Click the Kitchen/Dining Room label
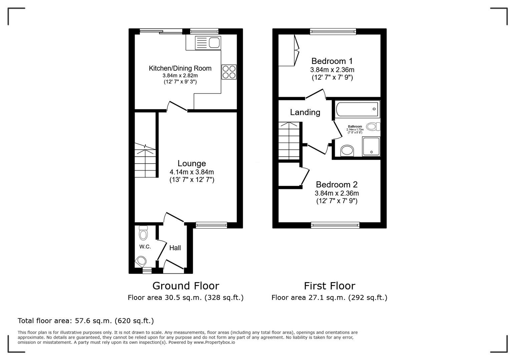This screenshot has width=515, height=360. coord(180,68)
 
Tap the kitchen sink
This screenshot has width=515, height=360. coord(208,43)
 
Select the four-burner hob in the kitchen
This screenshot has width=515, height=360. coord(229,72)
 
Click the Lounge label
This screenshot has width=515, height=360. coord(191,163)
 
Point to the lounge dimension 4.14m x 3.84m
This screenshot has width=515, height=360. coord(191,172)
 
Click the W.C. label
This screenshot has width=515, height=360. coord(145,247)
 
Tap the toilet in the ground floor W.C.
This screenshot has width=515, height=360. coord(143,233)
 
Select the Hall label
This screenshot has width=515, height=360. coord(175,248)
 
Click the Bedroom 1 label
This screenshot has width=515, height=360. coord(332,61)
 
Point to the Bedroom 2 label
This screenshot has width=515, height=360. coord(336,184)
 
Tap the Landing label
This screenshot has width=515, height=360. coord(305,112)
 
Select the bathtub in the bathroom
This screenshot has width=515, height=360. coord(357,109)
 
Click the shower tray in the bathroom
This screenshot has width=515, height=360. coord(371,147)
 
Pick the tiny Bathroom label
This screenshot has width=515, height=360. coord(355,127)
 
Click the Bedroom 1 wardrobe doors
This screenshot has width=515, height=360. coord(296,50)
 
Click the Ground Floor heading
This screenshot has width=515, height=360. coord(185,286)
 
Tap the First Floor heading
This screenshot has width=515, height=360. coord(329,286)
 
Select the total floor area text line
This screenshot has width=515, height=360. coord(86,321)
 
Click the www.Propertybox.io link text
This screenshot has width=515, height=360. coord(214,342)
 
